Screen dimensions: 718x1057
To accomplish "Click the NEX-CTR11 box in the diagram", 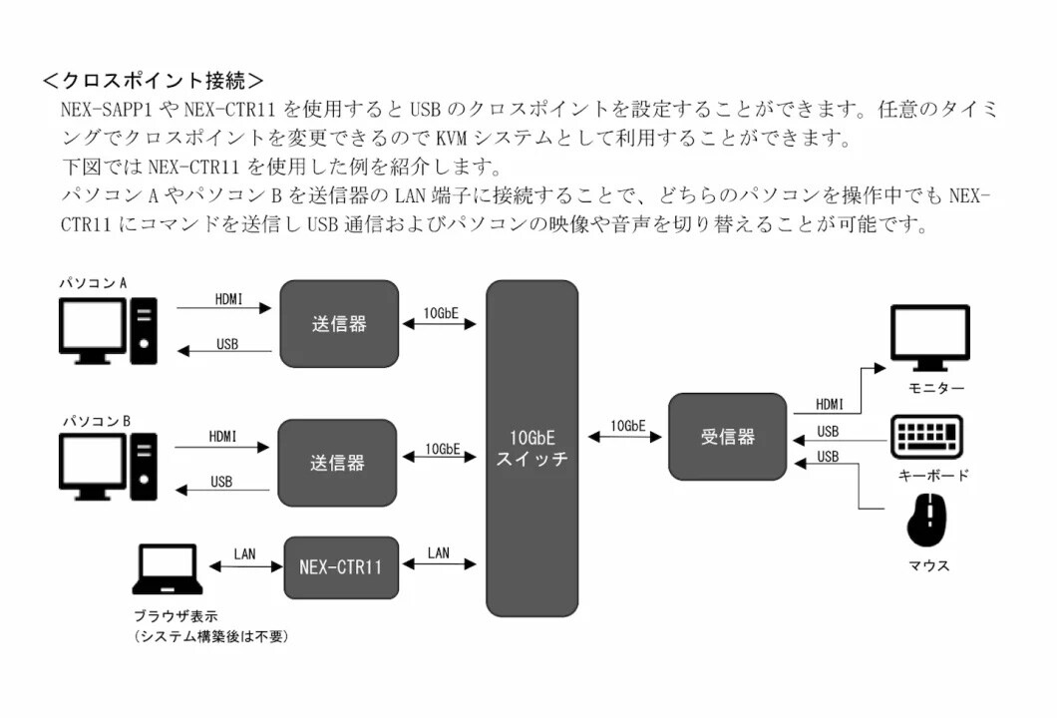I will pos(340,566).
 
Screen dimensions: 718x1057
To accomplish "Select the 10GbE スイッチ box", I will pos(531,448).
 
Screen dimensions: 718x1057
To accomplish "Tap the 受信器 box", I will pos(727,436).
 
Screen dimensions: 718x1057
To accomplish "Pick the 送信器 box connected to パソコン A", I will pos(339,323).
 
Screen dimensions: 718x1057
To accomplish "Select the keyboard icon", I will pos(926,438).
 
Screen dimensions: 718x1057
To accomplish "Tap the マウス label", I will pos(928,565).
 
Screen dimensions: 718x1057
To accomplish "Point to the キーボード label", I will pos(932,475).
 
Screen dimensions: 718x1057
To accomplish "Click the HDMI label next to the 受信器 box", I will pos(830,404).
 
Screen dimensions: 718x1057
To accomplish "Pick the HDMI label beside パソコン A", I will pos(228,298).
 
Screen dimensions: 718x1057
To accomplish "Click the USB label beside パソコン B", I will pos(221,482).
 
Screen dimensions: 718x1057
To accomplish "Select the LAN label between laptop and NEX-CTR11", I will pos(244,552).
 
